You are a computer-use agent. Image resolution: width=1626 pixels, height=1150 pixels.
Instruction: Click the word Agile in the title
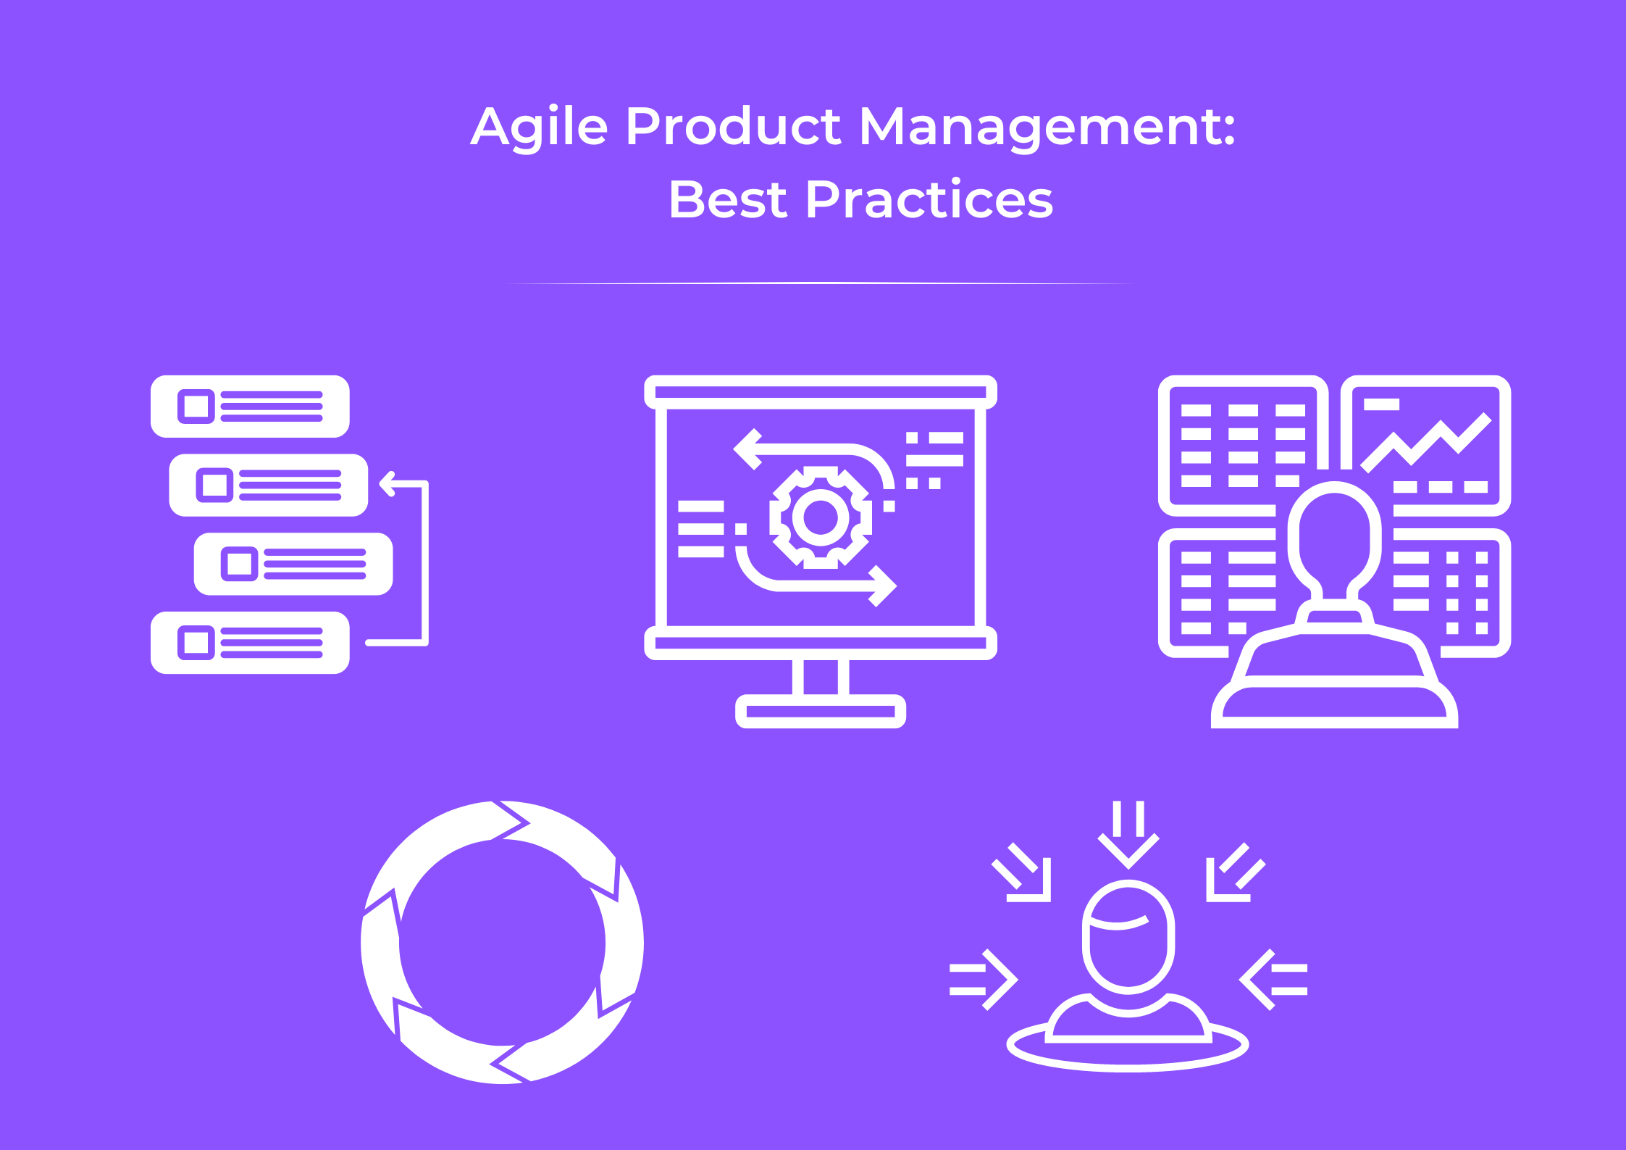click(x=539, y=128)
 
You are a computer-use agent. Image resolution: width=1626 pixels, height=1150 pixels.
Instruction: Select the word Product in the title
click(x=733, y=128)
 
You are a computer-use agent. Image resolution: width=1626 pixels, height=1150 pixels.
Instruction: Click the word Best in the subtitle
click(x=727, y=200)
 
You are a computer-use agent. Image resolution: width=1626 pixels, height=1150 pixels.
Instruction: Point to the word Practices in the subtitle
click(x=929, y=200)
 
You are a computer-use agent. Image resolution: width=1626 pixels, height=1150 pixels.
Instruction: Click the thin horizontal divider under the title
click(x=818, y=283)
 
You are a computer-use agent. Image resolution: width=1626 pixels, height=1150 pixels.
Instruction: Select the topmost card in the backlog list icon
click(x=250, y=407)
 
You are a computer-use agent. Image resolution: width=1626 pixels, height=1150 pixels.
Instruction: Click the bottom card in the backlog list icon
click(x=250, y=643)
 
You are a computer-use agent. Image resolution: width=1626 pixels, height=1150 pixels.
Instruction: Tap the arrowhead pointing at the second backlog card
click(x=386, y=484)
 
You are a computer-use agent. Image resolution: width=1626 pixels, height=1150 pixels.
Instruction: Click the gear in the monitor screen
click(x=821, y=517)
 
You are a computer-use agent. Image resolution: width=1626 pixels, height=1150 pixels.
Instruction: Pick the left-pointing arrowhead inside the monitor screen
click(x=748, y=449)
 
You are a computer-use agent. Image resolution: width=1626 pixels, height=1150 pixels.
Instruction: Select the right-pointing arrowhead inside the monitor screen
click(x=883, y=586)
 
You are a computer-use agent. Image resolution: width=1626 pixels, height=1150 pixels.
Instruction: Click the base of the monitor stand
click(x=821, y=712)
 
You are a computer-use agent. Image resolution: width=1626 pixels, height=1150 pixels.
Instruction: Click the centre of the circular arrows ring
click(x=502, y=943)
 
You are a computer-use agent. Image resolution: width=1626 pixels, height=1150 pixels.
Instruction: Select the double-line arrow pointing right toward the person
click(x=985, y=980)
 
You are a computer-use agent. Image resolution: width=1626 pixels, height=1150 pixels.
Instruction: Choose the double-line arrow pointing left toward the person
click(x=1273, y=980)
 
